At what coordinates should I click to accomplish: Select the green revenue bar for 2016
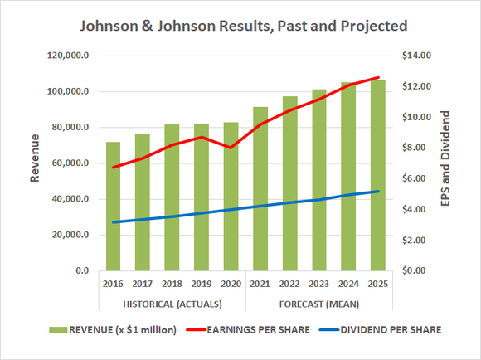click(x=113, y=207)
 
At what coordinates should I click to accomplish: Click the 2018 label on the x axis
click(x=172, y=284)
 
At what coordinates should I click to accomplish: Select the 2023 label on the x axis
click(x=318, y=284)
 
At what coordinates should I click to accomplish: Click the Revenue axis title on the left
click(x=35, y=162)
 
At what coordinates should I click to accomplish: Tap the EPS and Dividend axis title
click(x=445, y=163)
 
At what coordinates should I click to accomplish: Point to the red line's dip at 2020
click(x=231, y=148)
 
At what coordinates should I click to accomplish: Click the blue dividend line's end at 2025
click(x=377, y=192)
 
